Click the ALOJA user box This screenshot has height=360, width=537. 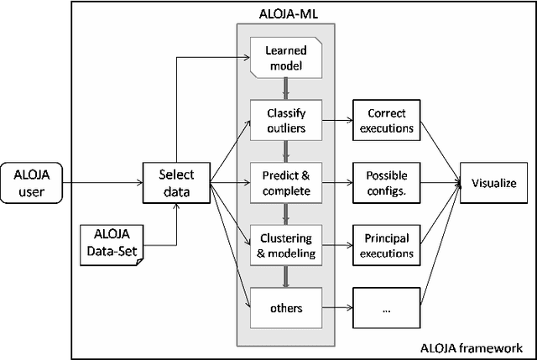35,182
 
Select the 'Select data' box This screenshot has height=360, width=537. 176,182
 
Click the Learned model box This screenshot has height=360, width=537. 287,60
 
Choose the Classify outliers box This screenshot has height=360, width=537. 287,120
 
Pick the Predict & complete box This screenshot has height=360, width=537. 287,183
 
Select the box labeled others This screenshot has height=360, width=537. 287,308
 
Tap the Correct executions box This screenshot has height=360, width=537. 385,120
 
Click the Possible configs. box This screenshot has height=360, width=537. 385,183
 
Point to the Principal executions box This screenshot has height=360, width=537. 385,245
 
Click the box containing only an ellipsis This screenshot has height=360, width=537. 385,308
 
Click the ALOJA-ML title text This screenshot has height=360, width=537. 286,14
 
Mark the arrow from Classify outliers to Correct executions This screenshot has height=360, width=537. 337,120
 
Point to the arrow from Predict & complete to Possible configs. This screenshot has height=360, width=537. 337,183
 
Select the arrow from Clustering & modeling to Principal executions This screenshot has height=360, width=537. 337,245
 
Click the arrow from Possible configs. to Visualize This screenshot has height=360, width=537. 438,183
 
